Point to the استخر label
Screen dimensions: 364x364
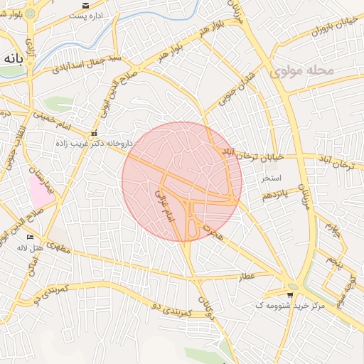click(271, 177)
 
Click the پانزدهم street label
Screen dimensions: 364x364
click(273, 193)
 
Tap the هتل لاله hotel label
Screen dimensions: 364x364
click(29, 248)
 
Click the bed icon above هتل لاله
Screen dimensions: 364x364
click(29, 237)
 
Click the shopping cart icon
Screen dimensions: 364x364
click(290, 294)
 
